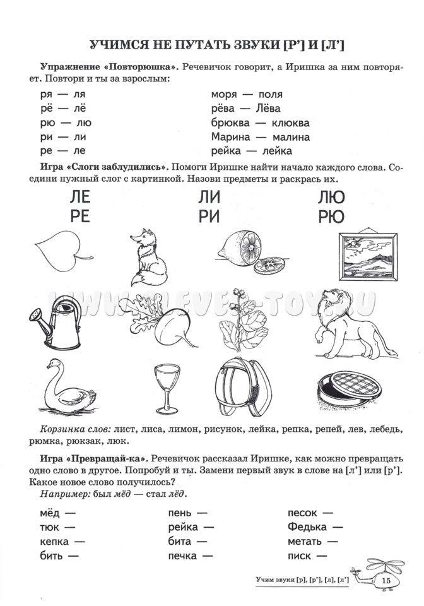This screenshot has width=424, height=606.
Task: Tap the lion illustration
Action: tap(344, 321)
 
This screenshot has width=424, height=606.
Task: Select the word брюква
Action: tap(230, 122)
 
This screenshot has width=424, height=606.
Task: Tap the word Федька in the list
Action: tap(307, 526)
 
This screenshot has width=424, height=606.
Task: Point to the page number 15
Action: tap(387, 580)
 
